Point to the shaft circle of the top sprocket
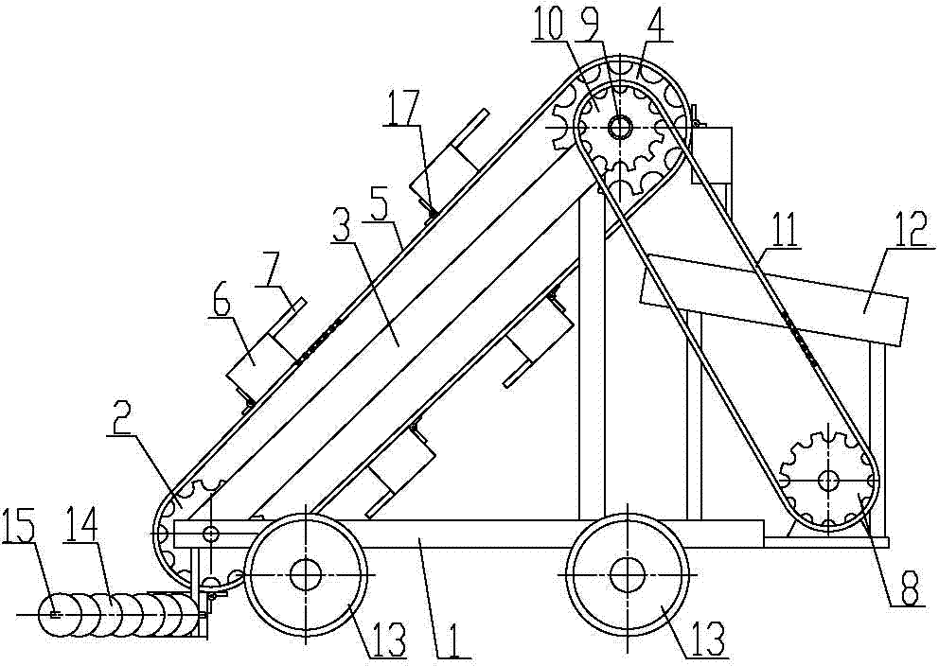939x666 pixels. (620, 127)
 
